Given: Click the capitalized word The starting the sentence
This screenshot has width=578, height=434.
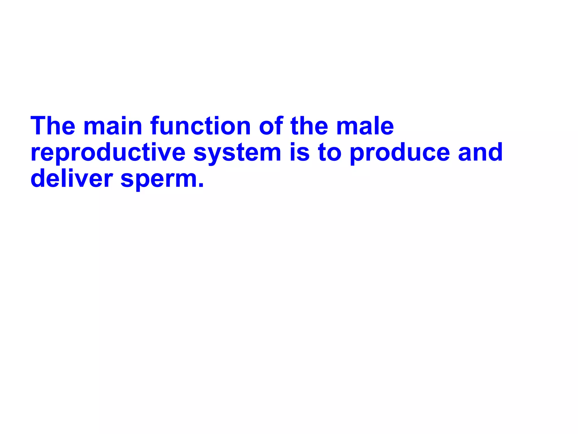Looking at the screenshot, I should [x=53, y=126].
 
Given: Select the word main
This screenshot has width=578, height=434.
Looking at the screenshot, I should [x=113, y=126].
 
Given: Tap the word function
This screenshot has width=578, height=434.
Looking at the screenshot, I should [x=200, y=126].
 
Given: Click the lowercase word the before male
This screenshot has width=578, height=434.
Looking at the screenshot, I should [x=309, y=126].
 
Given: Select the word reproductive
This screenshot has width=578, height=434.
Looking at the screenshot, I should [x=108, y=153].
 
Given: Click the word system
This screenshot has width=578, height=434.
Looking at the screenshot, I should [x=237, y=153].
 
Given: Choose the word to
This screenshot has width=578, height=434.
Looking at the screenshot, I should [x=330, y=153].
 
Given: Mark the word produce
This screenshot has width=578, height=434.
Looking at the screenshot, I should [x=400, y=153].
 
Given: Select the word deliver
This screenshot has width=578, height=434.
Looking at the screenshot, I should [x=72, y=179].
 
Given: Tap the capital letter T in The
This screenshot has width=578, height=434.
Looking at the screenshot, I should [x=40, y=126].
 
